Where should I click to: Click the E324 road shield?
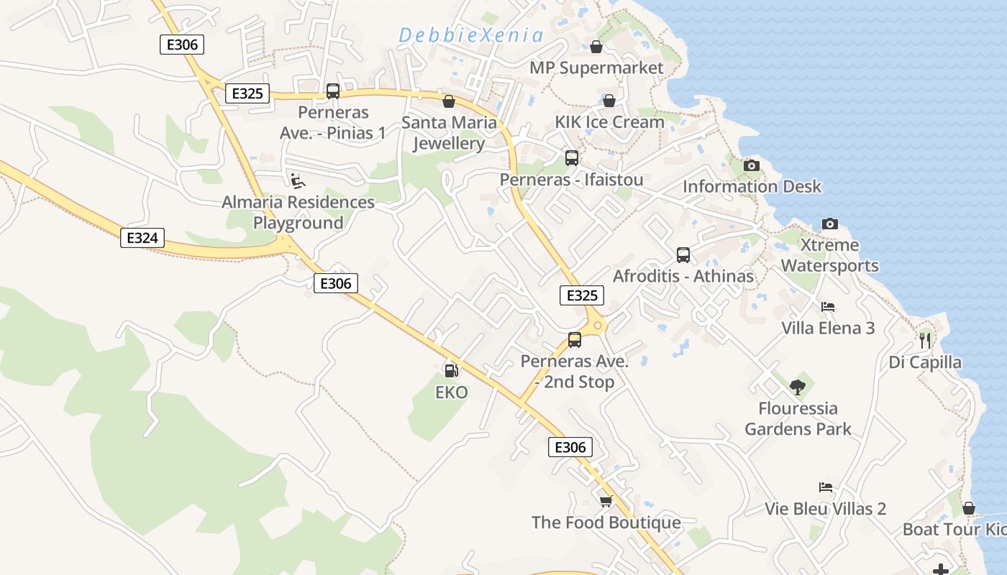pyautogui.click(x=142, y=238)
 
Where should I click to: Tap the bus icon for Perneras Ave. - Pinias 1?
pyautogui.click(x=333, y=91)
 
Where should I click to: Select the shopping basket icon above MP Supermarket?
pyautogui.click(x=596, y=47)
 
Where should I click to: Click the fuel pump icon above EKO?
pyautogui.click(x=451, y=371)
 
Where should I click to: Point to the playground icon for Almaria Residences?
pyautogui.click(x=297, y=180)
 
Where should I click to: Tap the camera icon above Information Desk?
pyautogui.click(x=752, y=165)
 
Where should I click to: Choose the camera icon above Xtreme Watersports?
pyautogui.click(x=829, y=224)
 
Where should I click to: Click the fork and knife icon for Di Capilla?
pyautogui.click(x=925, y=340)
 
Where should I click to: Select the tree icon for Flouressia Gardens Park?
pyautogui.click(x=797, y=387)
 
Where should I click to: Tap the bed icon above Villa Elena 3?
pyautogui.click(x=828, y=307)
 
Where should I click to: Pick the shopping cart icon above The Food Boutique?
pyautogui.click(x=606, y=500)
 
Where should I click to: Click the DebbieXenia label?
pyautogui.click(x=471, y=35)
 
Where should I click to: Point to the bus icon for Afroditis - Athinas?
pyautogui.click(x=683, y=254)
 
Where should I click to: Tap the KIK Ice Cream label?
pyautogui.click(x=609, y=122)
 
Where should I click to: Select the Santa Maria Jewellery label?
pyautogui.click(x=449, y=133)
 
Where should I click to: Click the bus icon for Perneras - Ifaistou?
pyautogui.click(x=572, y=158)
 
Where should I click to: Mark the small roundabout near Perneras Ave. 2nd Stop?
pyautogui.click(x=598, y=326)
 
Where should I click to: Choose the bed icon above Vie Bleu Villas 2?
pyautogui.click(x=826, y=487)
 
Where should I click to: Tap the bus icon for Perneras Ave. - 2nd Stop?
pyautogui.click(x=575, y=340)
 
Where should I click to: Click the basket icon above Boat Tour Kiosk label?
pyautogui.click(x=969, y=508)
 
